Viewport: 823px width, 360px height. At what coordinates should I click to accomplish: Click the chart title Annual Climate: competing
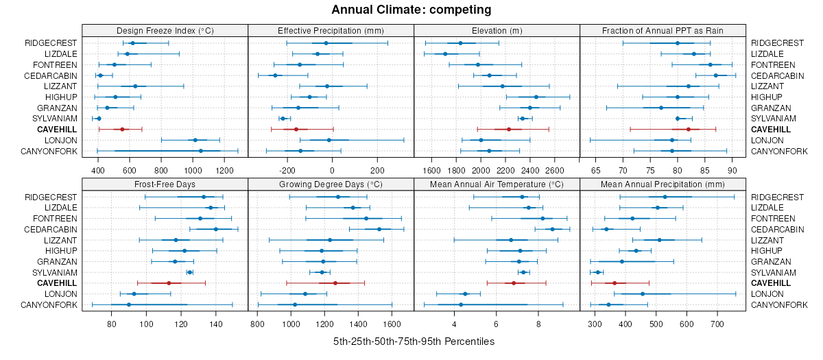[x=411, y=10]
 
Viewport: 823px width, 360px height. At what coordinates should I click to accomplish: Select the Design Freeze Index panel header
[x=165, y=30]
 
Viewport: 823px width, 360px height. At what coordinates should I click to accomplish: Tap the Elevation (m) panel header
[x=497, y=30]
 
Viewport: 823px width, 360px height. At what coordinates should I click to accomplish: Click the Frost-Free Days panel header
[x=165, y=184]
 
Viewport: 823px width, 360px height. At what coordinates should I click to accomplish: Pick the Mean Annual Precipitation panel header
[x=663, y=184]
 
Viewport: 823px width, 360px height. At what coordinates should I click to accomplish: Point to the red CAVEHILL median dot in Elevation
[x=509, y=129]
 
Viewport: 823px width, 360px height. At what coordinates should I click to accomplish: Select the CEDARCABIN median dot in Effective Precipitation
[x=275, y=75]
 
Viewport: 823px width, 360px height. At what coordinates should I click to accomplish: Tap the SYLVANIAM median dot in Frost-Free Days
[x=190, y=272]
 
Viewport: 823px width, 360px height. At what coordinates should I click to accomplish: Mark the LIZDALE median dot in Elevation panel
[x=445, y=53]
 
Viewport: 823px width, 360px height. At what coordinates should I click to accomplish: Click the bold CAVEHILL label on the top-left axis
[x=57, y=129]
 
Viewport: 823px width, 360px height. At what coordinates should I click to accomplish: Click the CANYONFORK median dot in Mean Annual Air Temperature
[x=461, y=304]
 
